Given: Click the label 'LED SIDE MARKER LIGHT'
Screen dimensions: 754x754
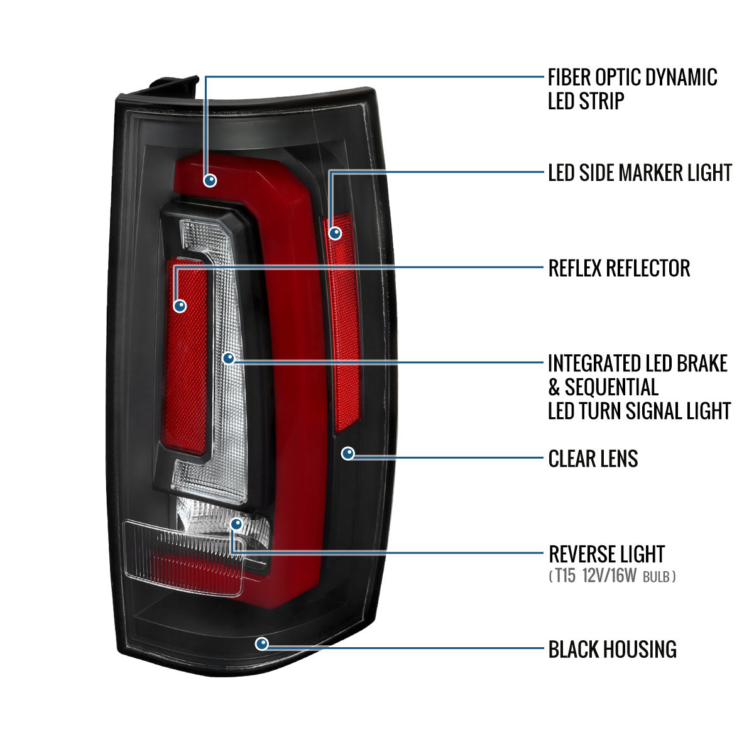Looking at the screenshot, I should point(640,172).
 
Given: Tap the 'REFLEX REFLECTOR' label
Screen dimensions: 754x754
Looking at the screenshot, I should point(619,268).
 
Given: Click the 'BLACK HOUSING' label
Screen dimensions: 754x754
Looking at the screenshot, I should point(612,649).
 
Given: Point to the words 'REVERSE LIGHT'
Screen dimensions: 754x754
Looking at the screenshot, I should point(606,554).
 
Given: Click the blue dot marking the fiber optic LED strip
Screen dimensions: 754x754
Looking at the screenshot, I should point(210,180).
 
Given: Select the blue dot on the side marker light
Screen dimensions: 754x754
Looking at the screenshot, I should point(336,233).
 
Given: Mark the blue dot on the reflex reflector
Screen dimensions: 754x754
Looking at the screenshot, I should point(180,306).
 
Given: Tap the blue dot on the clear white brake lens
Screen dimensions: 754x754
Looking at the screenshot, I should point(229,358).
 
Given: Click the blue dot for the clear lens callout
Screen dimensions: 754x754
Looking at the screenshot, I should point(348,453).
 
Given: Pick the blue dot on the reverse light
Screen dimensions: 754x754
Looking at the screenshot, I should point(236,523).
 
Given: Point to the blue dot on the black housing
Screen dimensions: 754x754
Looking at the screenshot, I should point(262,643).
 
